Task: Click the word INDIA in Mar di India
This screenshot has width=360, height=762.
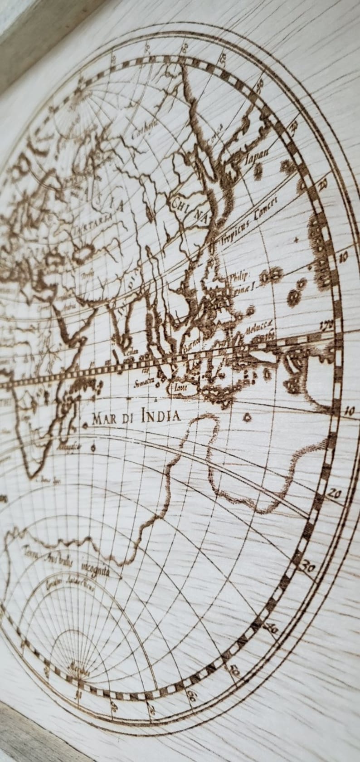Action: [161, 415]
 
